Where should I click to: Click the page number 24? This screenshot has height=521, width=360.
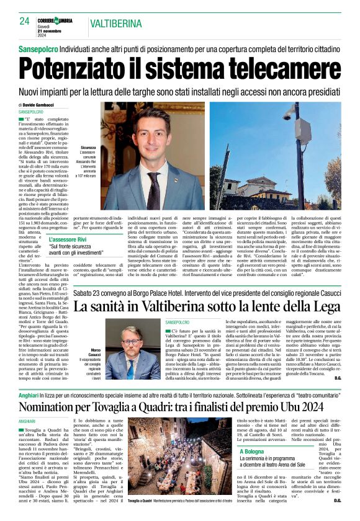point(24,21)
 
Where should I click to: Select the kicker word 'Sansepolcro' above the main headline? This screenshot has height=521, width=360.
point(37,47)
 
